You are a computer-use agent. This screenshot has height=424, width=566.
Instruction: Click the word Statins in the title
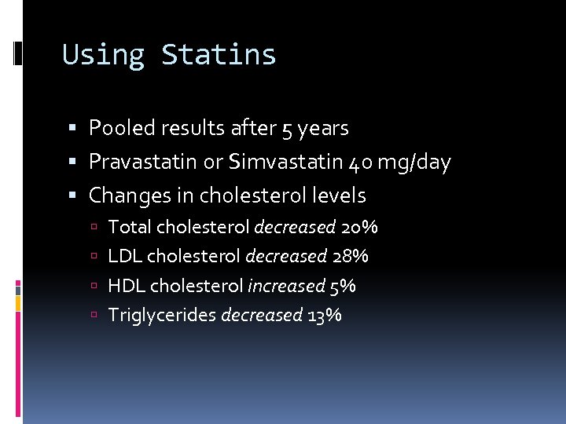pyautogui.click(x=219, y=55)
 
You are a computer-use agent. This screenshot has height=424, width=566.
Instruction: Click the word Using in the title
pyautogui.click(x=104, y=55)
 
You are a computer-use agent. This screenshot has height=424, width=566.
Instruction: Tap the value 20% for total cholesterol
pyautogui.click(x=359, y=228)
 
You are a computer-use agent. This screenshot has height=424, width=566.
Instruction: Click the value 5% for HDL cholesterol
pyautogui.click(x=343, y=286)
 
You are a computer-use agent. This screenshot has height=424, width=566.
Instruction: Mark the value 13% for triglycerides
pyautogui.click(x=325, y=316)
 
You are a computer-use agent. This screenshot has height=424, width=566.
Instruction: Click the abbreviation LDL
pyautogui.click(x=124, y=257)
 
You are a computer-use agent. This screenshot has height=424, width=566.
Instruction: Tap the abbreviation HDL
pyautogui.click(x=126, y=286)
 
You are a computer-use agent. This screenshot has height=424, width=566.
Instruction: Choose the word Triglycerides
pyautogui.click(x=162, y=316)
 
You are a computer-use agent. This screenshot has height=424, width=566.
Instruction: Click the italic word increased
pyautogui.click(x=286, y=286)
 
